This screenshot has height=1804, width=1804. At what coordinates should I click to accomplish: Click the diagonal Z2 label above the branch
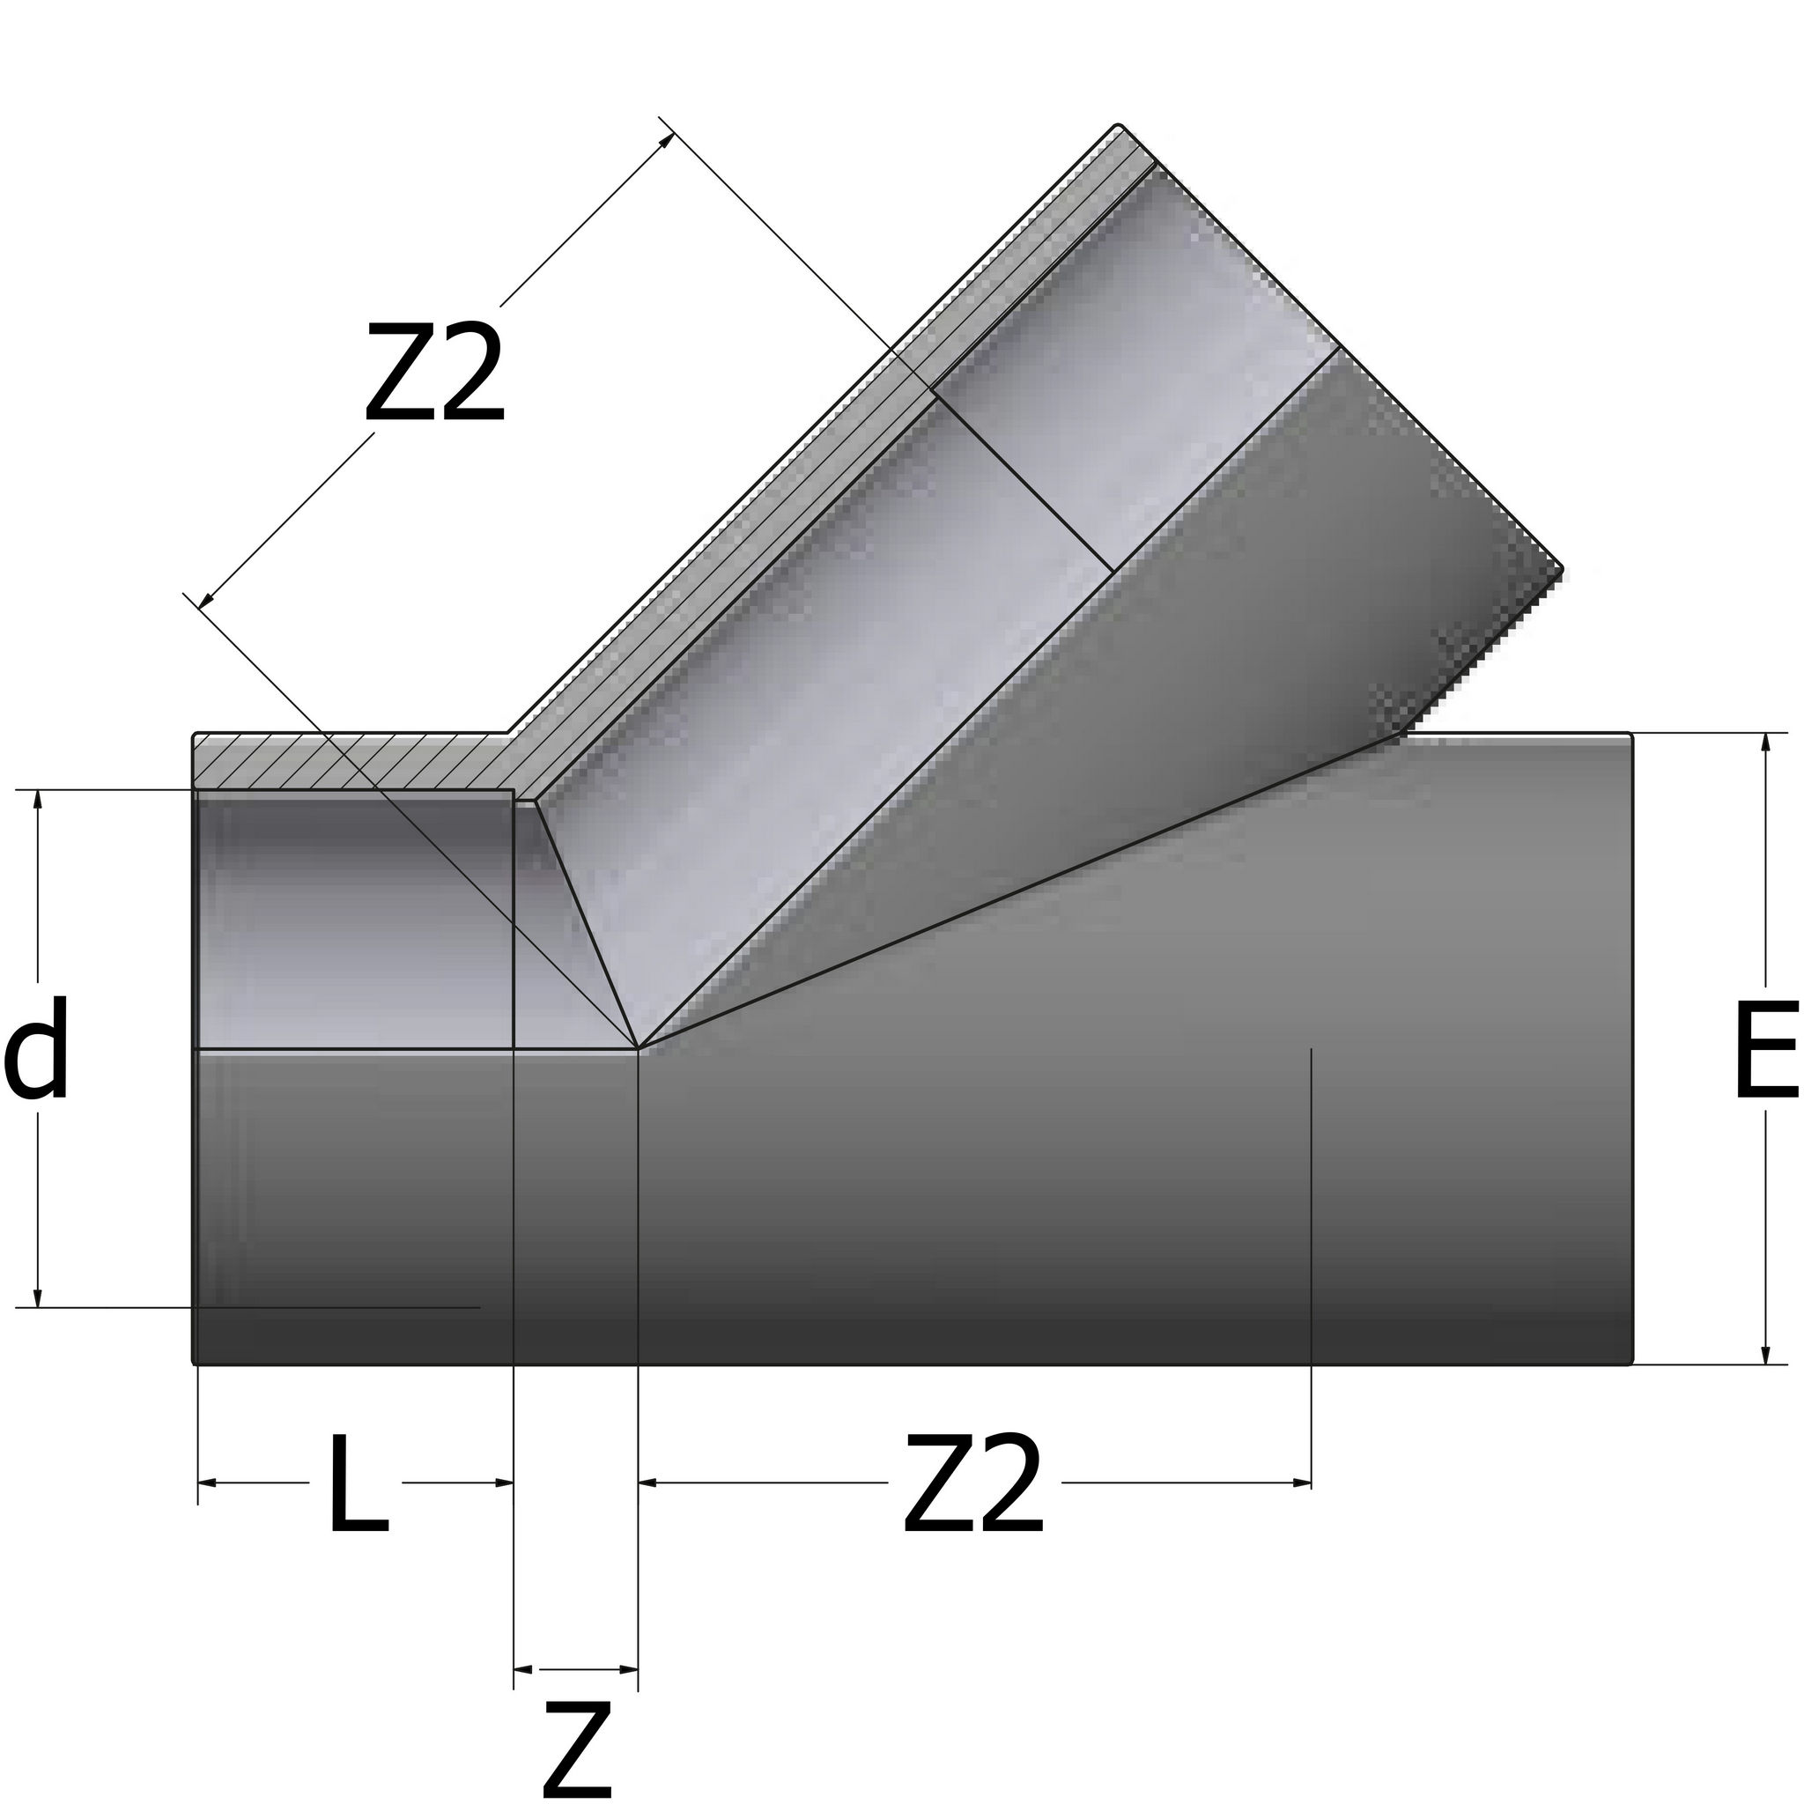(x=435, y=372)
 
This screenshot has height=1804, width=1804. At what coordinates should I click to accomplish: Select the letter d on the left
(x=36, y=1046)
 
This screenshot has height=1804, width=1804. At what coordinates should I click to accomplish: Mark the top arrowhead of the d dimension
(x=37, y=799)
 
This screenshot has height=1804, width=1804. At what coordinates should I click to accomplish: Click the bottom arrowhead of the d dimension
(x=37, y=1298)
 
